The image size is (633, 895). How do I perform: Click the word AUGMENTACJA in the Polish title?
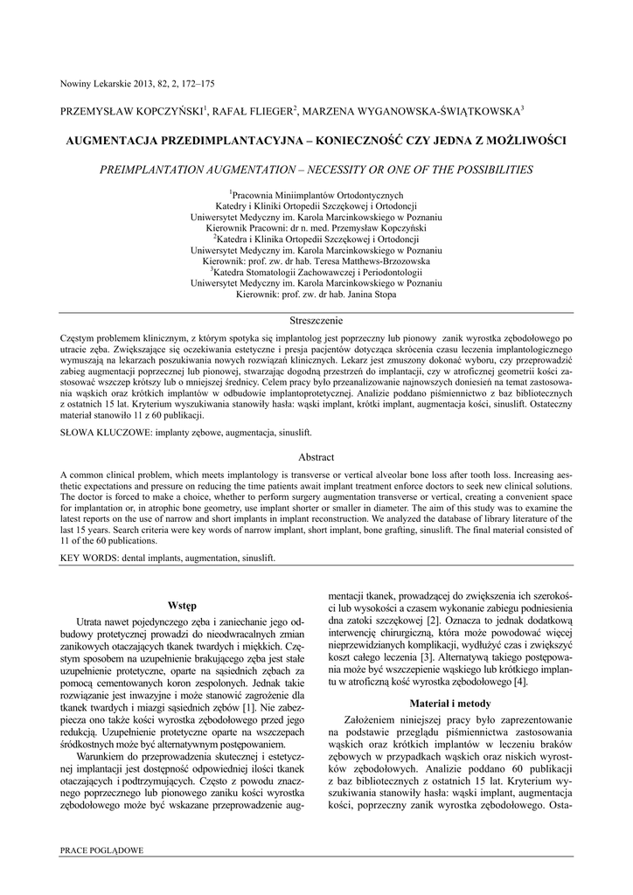click(x=119, y=140)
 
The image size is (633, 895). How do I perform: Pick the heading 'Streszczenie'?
click(x=316, y=322)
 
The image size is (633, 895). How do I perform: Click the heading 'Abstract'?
click(x=316, y=457)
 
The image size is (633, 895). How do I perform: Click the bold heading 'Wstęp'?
click(x=183, y=605)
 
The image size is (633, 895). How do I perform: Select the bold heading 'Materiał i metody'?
click(x=450, y=703)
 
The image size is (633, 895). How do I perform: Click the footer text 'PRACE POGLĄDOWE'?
click(x=101, y=850)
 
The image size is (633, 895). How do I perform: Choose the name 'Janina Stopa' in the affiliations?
click(x=367, y=295)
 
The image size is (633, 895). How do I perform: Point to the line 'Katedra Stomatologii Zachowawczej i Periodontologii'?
click(x=317, y=272)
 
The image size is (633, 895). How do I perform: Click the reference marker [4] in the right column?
click(x=519, y=681)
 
